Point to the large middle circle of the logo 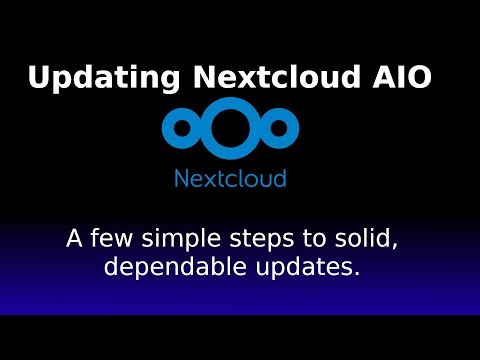coord(231,126)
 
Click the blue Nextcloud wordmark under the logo coord(231,179)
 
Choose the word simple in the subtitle coord(181,241)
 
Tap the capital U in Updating coord(40,78)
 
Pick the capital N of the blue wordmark coord(182,179)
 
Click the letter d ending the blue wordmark coord(280,179)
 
